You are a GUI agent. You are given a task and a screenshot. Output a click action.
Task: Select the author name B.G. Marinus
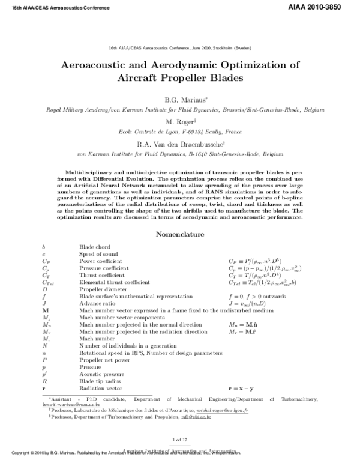180,98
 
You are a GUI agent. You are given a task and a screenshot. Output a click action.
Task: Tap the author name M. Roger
180,121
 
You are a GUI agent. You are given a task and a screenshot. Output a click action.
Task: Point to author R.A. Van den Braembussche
180,144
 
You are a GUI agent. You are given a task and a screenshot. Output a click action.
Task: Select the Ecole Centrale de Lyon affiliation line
180,132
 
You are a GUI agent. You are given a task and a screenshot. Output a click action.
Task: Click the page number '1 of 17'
180,441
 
